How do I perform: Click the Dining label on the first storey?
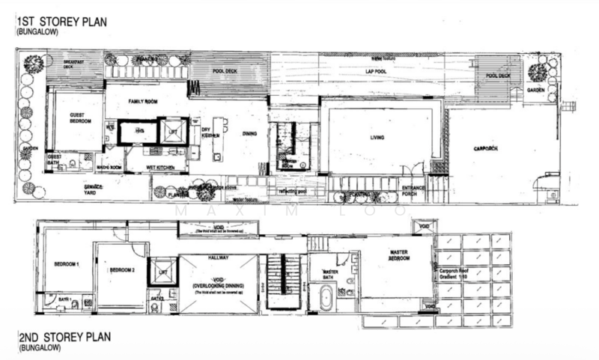coord(250,135)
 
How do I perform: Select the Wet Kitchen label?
coord(161,167)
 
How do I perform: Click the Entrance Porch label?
coord(414,191)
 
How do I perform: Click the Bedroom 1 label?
coord(67,265)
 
